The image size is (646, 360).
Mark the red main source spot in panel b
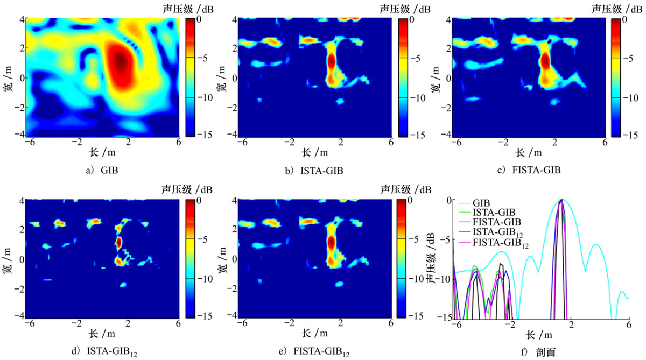click(331, 60)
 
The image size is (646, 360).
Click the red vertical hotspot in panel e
click(331, 242)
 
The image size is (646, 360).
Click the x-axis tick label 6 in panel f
click(628, 326)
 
